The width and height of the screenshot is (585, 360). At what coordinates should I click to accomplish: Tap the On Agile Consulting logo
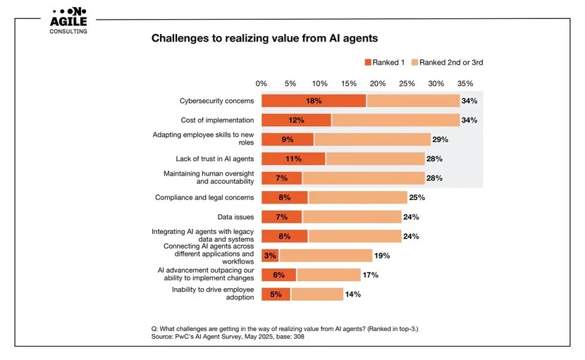click(68, 21)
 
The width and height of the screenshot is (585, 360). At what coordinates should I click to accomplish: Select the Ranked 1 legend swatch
click(367, 63)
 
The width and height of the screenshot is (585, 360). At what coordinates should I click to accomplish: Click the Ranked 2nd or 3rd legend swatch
click(414, 63)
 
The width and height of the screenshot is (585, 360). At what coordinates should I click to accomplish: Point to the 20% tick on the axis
click(378, 83)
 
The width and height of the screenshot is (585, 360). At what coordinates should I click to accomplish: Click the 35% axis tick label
click(465, 83)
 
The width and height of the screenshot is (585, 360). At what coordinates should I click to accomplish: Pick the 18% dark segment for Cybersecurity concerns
click(314, 101)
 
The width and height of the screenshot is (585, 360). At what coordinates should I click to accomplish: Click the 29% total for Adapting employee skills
click(440, 139)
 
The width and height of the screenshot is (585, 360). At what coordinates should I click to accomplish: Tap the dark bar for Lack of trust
click(293, 159)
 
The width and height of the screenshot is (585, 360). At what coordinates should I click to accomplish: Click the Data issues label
click(235, 217)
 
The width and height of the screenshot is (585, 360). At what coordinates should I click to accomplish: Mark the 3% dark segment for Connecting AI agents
click(270, 255)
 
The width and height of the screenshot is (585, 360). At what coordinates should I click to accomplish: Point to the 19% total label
click(381, 255)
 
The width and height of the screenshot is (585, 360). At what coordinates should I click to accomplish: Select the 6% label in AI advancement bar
click(278, 275)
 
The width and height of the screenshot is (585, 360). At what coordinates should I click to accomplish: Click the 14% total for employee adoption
click(352, 294)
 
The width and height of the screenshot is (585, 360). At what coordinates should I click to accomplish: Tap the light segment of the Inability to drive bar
click(316, 294)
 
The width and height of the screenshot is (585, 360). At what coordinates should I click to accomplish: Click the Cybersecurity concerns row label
click(217, 101)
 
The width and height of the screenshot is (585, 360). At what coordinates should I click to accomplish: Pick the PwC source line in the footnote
click(228, 337)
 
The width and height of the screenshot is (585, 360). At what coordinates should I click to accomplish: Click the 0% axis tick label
click(261, 83)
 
